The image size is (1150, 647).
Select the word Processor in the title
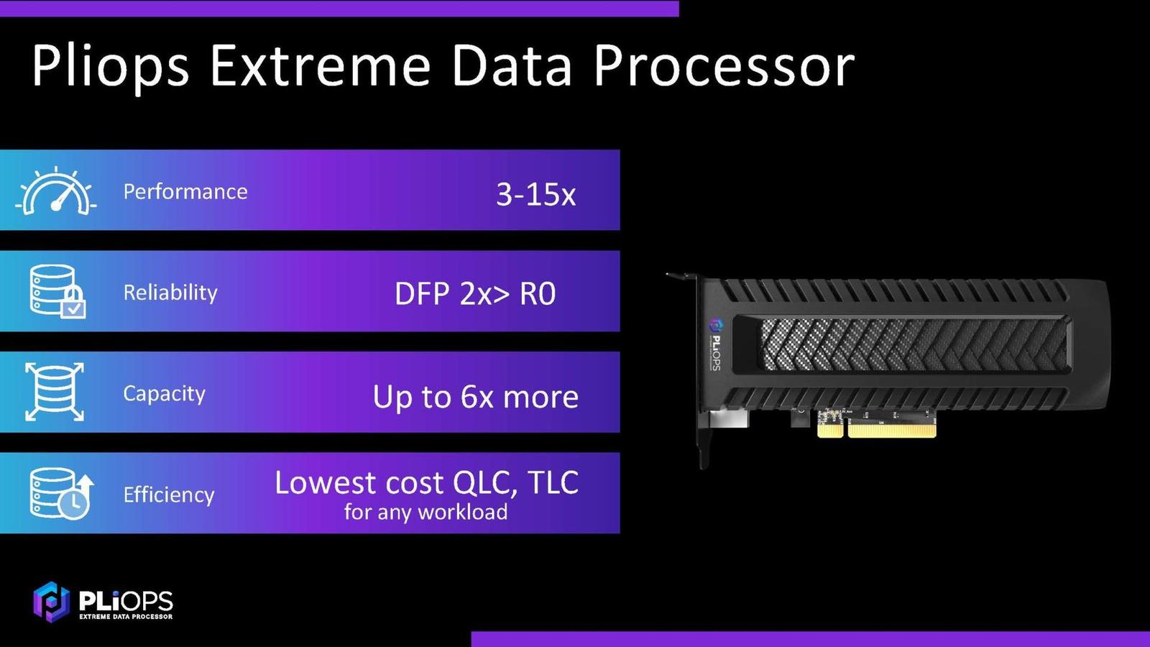click(x=724, y=66)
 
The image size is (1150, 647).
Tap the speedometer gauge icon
click(x=56, y=192)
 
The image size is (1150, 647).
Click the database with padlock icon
click(x=57, y=291)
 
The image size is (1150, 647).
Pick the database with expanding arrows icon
click(x=55, y=392)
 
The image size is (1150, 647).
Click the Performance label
click(x=185, y=191)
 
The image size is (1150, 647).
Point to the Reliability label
click(x=170, y=292)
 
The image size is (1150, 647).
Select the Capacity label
click(x=164, y=393)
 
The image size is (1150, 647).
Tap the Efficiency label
click(x=169, y=495)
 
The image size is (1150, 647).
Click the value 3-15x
click(x=535, y=194)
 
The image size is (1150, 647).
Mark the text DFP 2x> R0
click(x=475, y=294)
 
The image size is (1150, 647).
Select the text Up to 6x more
click(x=475, y=397)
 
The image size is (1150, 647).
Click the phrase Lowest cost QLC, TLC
click(x=426, y=483)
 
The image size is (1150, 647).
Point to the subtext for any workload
click(x=425, y=512)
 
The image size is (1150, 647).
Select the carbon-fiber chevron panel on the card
click(x=913, y=345)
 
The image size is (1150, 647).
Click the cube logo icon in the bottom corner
click(x=50, y=601)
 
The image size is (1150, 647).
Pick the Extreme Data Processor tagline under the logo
click(x=126, y=616)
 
